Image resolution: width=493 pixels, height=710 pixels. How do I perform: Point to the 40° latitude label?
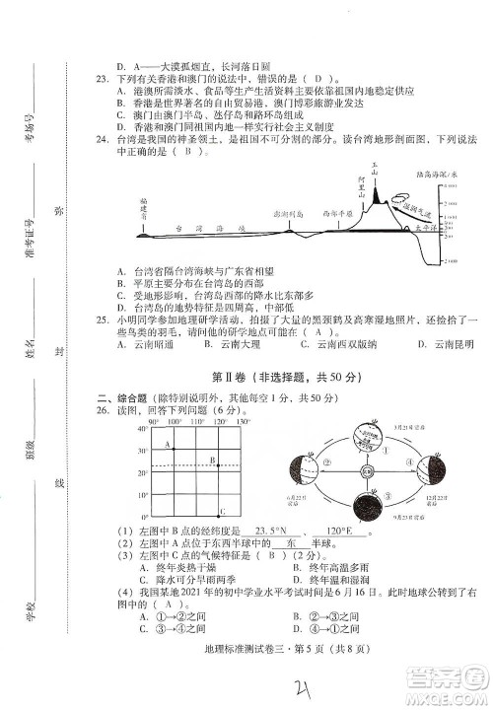[x=142, y=428]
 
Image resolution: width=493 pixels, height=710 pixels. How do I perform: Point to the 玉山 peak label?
[x=375, y=168]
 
